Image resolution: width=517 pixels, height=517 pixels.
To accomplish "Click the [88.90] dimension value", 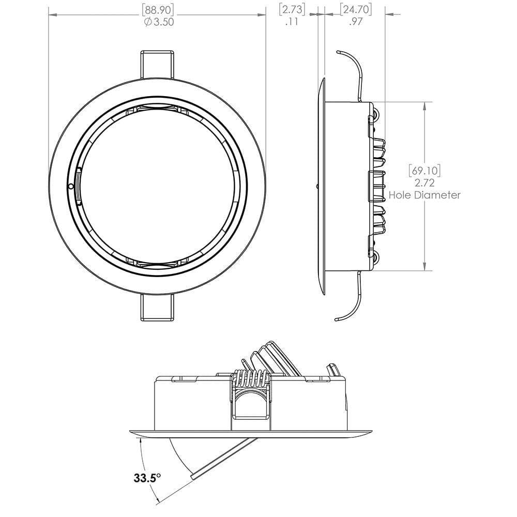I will [159, 9].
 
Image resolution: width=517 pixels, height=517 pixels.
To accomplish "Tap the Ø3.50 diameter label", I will [159, 22].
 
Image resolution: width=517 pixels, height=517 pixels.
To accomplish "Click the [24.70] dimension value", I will [356, 9].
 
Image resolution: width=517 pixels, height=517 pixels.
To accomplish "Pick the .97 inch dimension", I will [356, 22].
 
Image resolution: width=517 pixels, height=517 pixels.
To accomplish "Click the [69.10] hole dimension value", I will [424, 170].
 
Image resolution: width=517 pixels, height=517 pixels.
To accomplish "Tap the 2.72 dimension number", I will [424, 183].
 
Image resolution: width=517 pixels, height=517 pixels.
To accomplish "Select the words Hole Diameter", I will [424, 195].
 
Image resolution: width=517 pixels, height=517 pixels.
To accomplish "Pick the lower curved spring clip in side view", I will [352, 305].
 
